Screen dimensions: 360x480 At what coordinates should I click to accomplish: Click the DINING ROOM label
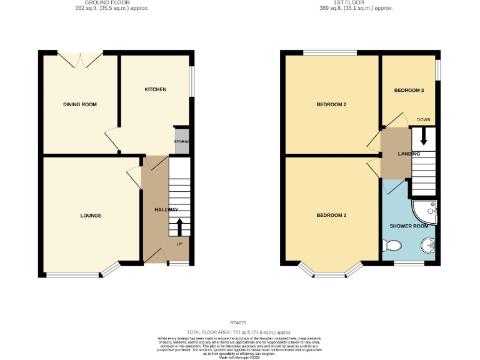(x=80, y=104)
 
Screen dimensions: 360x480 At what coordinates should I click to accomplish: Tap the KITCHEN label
(x=156, y=89)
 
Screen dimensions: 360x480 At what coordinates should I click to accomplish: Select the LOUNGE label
(x=91, y=216)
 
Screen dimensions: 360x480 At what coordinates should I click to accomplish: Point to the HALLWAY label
(x=166, y=209)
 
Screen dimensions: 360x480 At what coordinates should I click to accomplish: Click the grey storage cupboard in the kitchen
(x=182, y=141)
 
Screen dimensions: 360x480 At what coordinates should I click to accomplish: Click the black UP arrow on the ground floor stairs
(x=180, y=227)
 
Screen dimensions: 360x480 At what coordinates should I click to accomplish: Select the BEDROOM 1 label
(x=331, y=216)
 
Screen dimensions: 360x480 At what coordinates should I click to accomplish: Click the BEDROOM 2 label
(x=331, y=104)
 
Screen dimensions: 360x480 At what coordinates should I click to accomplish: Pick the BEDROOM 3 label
(x=409, y=91)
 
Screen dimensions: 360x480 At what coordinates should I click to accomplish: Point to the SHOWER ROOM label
(x=409, y=226)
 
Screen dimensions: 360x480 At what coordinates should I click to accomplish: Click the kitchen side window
(x=191, y=81)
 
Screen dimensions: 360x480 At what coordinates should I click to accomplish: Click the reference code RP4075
(x=239, y=323)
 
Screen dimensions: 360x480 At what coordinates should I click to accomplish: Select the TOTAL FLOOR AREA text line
(x=239, y=332)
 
